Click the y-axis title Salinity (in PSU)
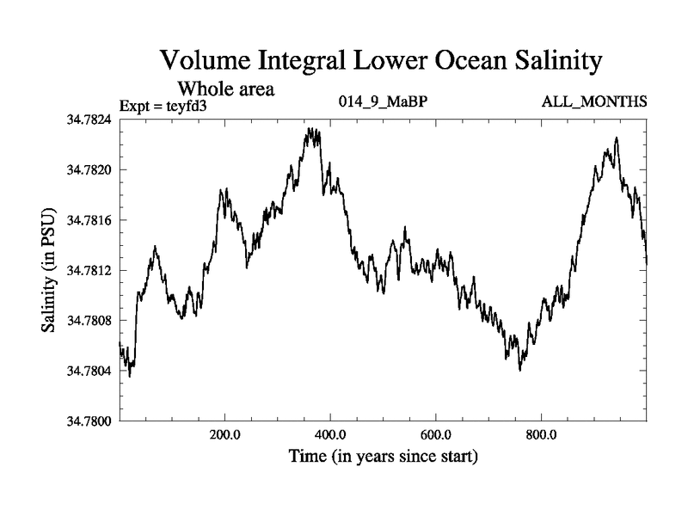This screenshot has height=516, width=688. tap(50, 269)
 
